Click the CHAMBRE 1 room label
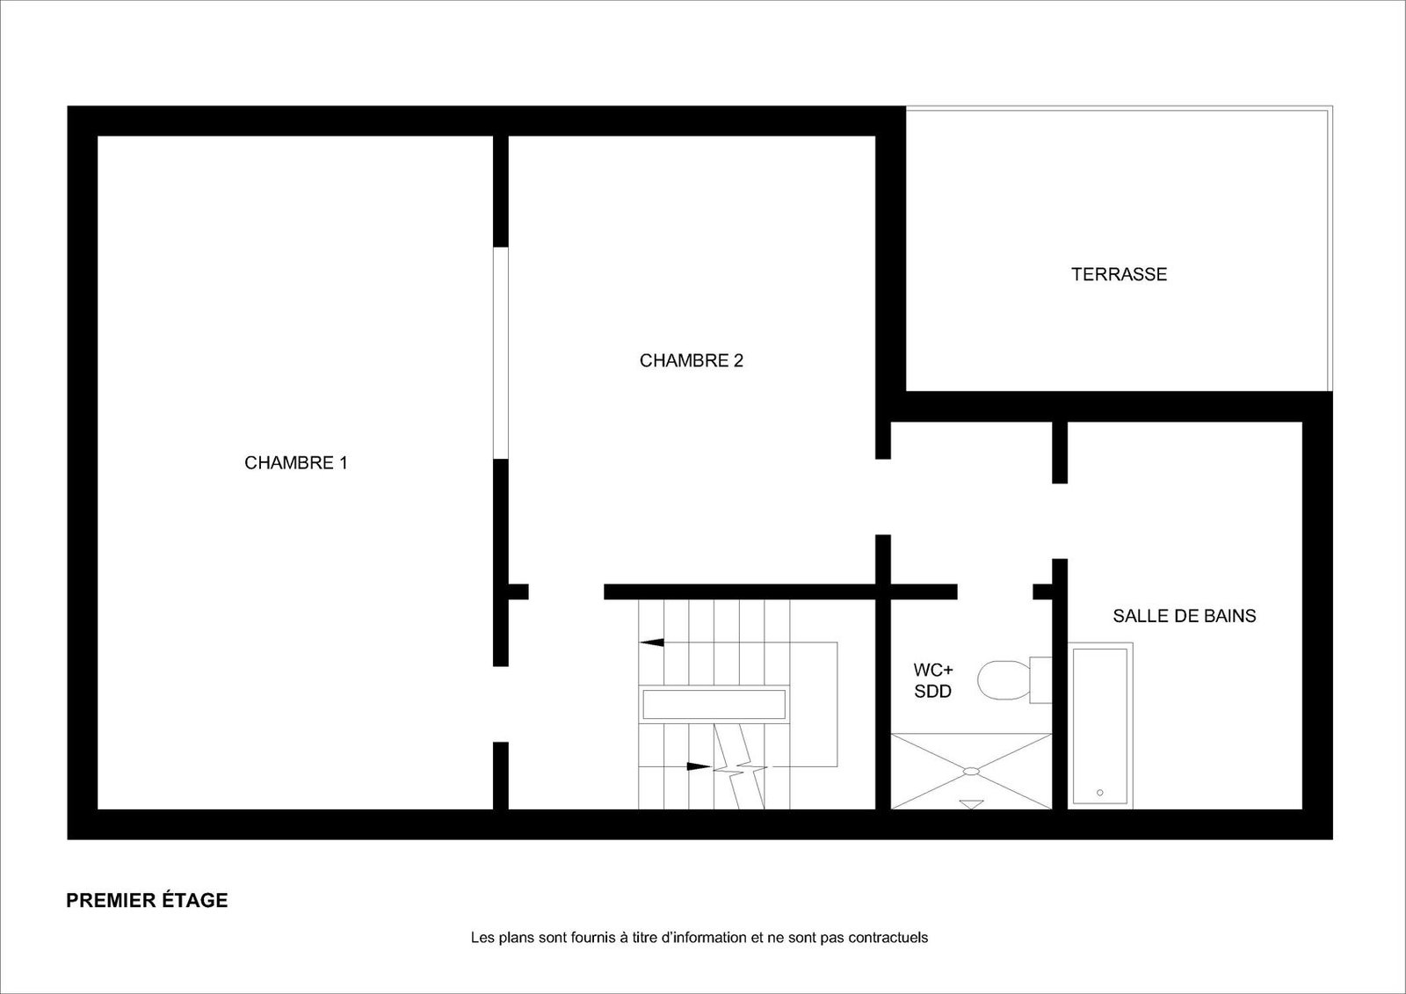coord(295,463)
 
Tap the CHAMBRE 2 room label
coord(691,360)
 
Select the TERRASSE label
coord(1120,274)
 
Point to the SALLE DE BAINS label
coord(1185,616)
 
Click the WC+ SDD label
coord(932,680)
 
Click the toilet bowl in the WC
coord(1003,680)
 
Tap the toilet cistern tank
coord(1040,680)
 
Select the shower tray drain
coord(971,771)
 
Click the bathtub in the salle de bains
coord(1100,726)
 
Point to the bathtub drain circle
coord(1099,793)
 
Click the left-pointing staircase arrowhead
coord(651,642)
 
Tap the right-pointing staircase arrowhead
coord(699,766)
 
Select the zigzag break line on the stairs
coord(741,766)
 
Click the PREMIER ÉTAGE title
coord(147,901)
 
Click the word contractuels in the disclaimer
coord(888,938)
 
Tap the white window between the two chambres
coord(500,353)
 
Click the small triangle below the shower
coord(971,804)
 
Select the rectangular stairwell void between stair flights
coord(714,704)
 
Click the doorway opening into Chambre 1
coord(500,704)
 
